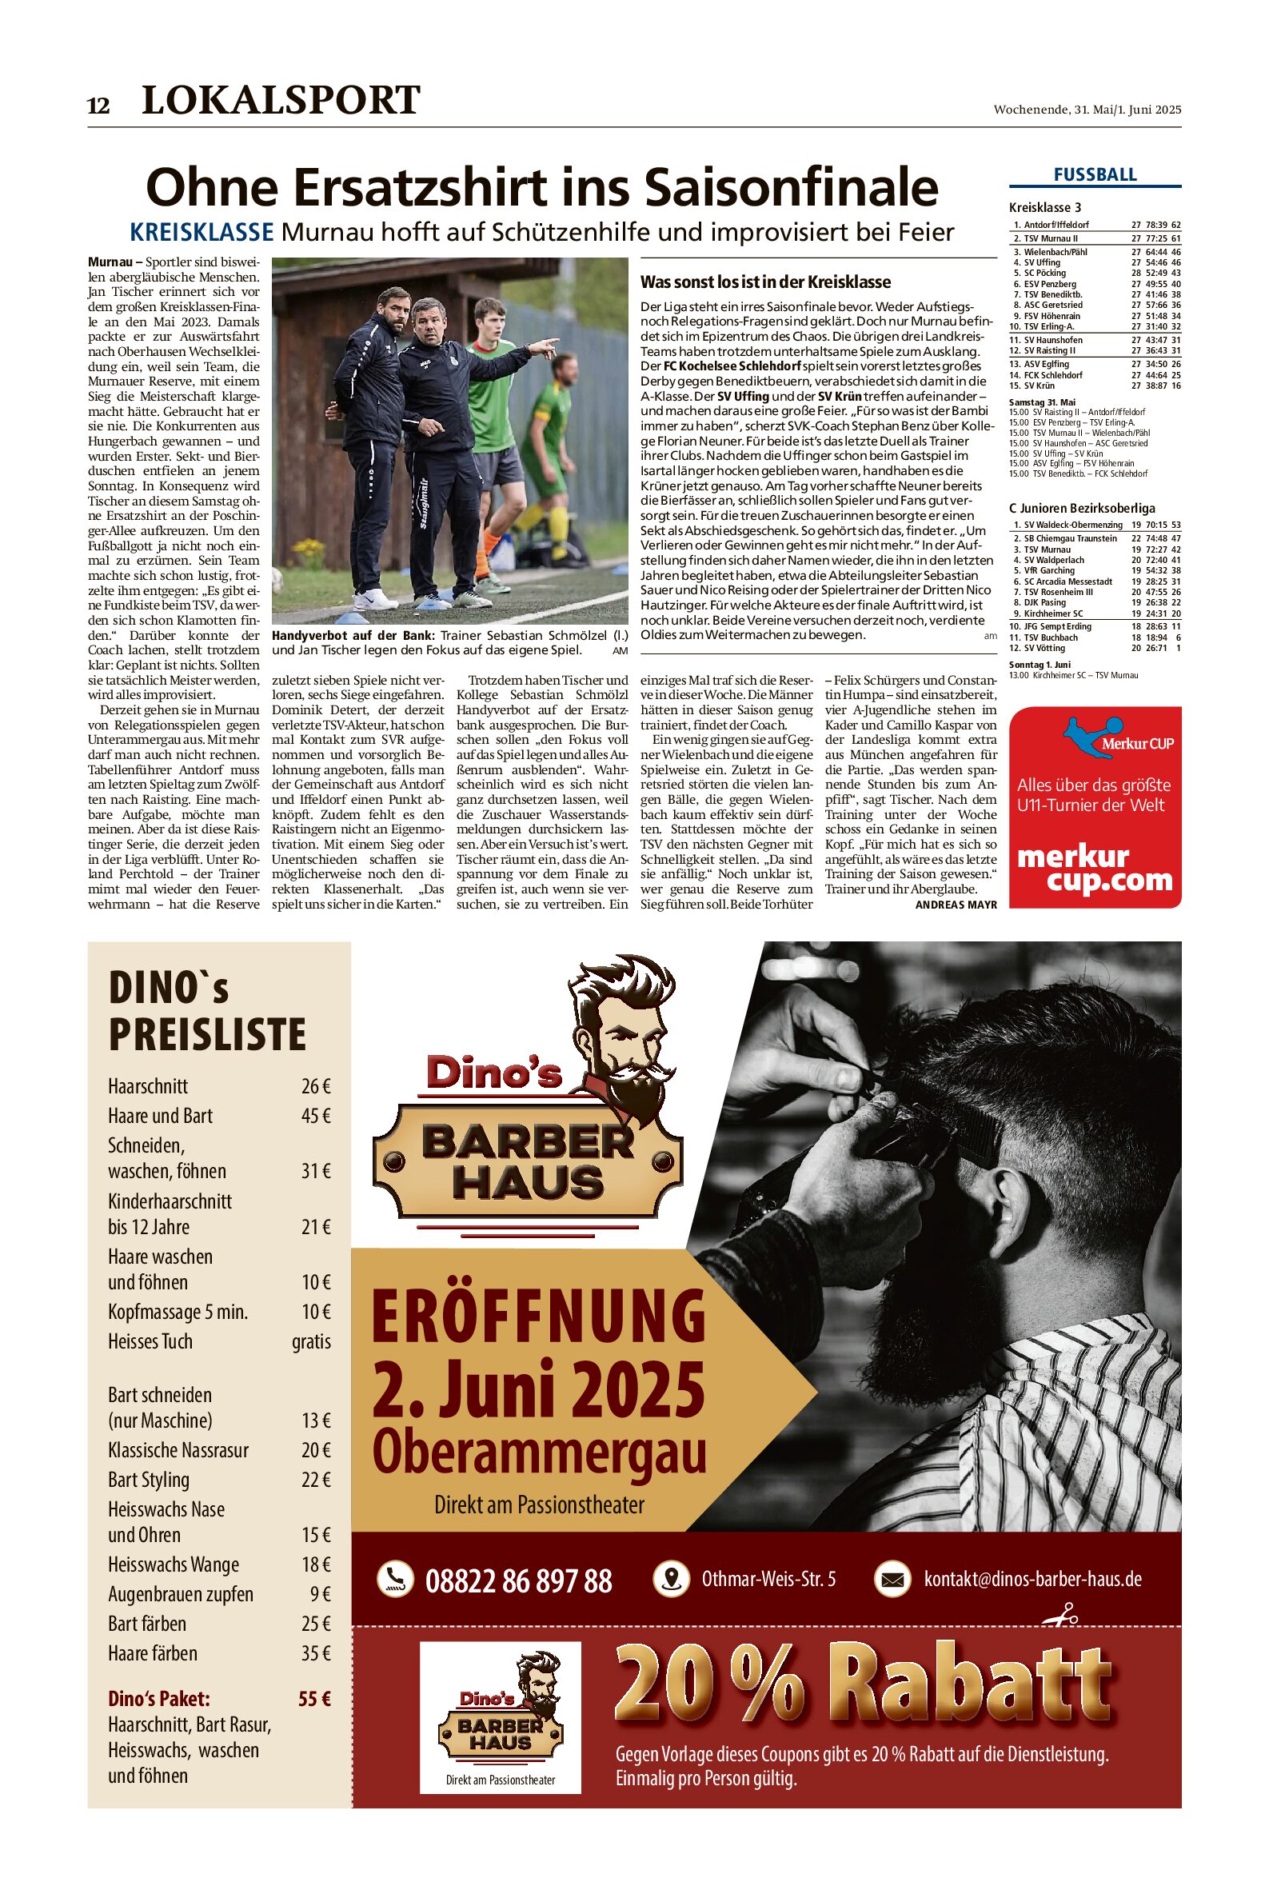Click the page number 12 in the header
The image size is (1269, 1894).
[x=98, y=106]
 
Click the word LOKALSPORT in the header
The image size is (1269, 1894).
[x=281, y=101]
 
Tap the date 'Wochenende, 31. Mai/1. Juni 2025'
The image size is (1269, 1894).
[x=1087, y=110]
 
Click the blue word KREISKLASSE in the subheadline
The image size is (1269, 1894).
[x=202, y=233]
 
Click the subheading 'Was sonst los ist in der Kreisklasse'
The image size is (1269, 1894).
[x=764, y=282]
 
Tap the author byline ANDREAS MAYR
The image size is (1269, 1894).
[x=956, y=904]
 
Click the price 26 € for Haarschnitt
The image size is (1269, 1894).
[x=316, y=1086]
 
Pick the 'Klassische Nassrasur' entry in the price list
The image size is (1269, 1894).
[x=178, y=1449]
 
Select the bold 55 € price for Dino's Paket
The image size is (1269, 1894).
[x=314, y=1698]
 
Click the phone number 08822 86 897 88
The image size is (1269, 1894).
[x=518, y=1580]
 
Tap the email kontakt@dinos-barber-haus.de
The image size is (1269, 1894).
[x=1032, y=1578]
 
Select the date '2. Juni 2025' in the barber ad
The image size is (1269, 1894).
[x=538, y=1388]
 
